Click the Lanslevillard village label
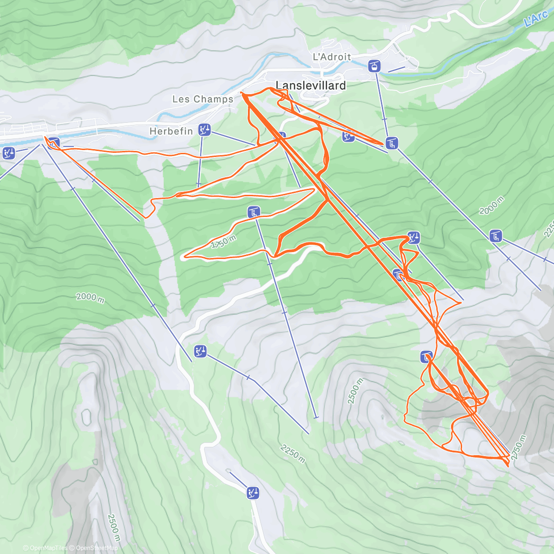[310, 85]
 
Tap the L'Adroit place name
[332, 57]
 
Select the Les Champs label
[203, 99]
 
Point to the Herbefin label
[171, 132]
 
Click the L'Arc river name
[536, 19]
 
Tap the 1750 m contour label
[223, 241]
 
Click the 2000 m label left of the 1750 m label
[90, 297]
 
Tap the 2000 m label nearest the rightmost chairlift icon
[491, 206]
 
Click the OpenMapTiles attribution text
[45, 548]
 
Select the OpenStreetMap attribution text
[94, 548]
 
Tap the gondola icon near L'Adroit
[374, 66]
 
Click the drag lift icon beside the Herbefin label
[204, 130]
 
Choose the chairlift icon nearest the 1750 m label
[253, 212]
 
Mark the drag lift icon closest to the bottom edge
[253, 493]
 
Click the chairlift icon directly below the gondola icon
[392, 143]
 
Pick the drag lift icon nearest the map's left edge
[8, 153]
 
